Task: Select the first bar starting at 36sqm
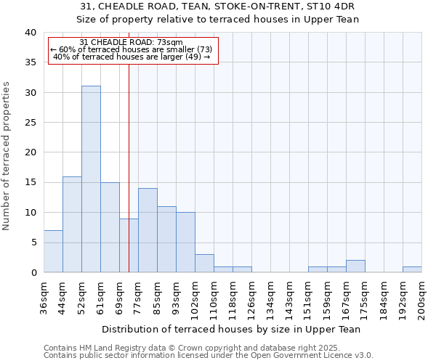click(53, 251)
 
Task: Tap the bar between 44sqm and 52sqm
click(72, 224)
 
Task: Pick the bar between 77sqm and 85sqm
click(148, 230)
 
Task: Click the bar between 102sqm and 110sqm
click(204, 263)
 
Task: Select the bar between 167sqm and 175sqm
click(355, 266)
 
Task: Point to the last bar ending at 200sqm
click(412, 269)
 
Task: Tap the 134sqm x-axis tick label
click(271, 296)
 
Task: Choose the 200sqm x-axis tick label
click(422, 296)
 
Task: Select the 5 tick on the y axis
click(33, 242)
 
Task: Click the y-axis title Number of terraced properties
click(7, 156)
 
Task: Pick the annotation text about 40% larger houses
click(132, 57)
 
